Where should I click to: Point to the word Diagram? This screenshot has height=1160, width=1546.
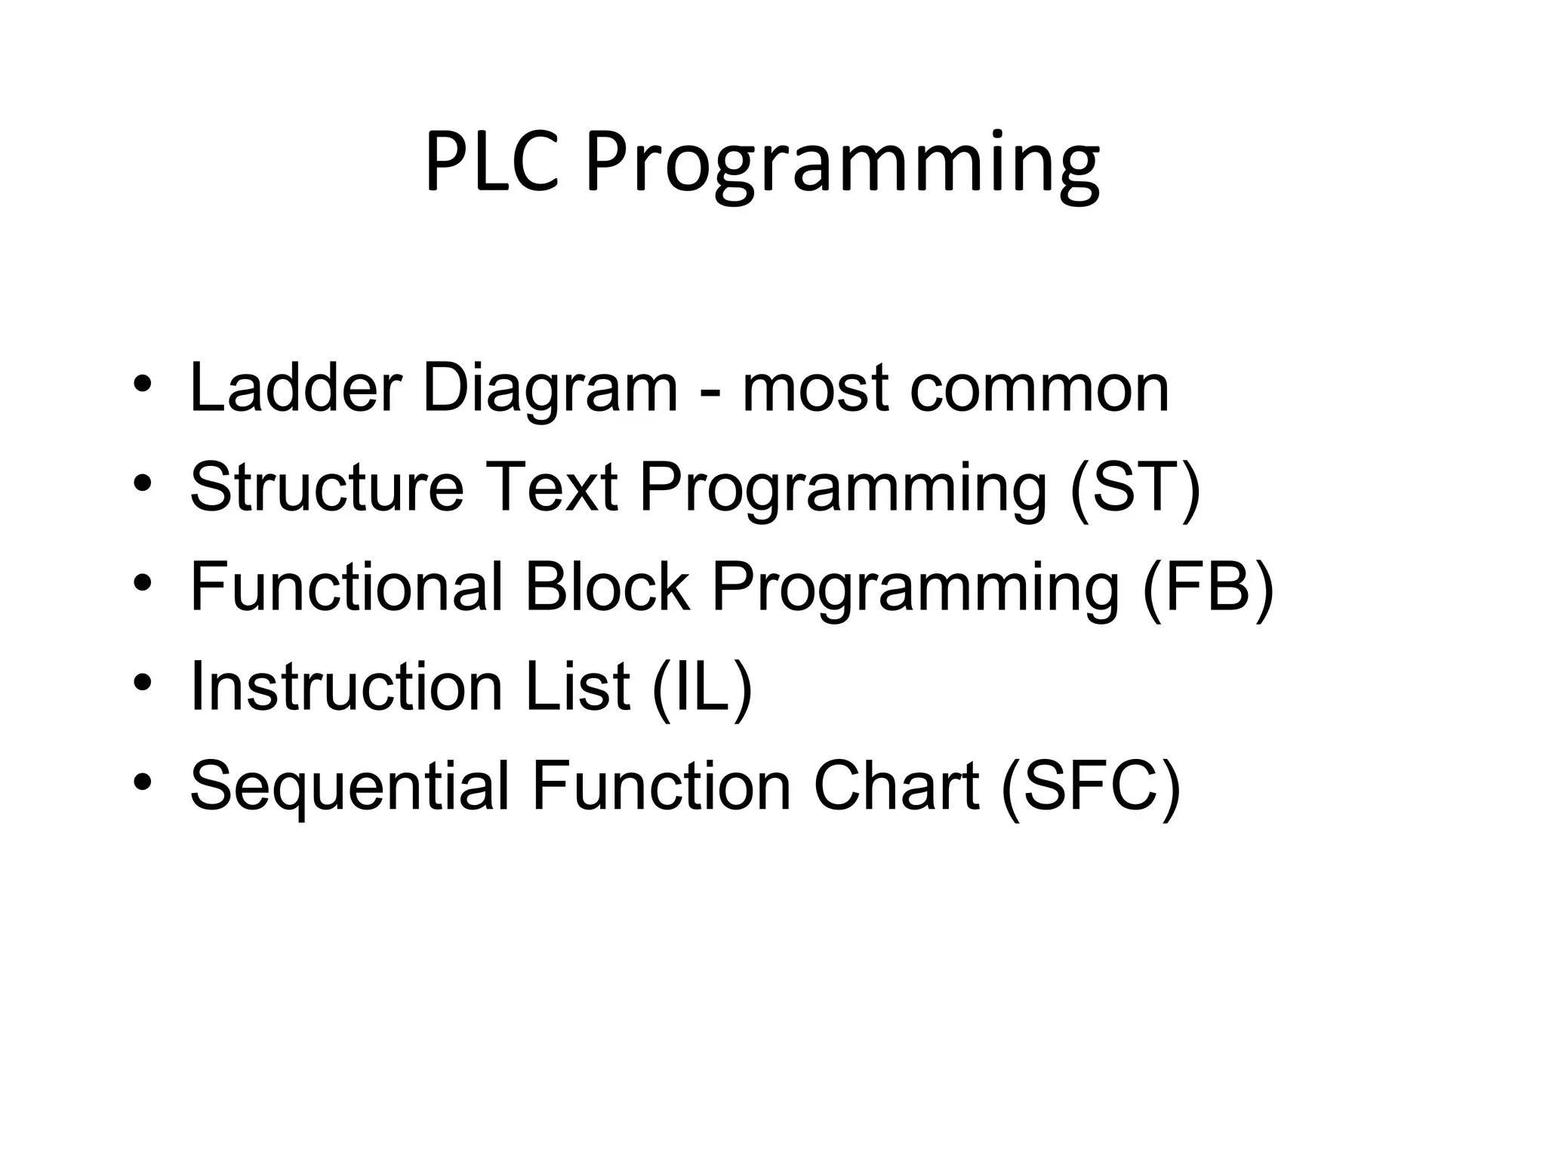[550, 391]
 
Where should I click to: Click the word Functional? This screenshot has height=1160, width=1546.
[346, 587]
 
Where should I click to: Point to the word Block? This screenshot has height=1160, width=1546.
[606, 587]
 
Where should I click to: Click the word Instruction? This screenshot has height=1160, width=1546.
[346, 686]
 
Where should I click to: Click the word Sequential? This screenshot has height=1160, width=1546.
[350, 786]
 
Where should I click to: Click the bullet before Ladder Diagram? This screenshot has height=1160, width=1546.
[143, 383]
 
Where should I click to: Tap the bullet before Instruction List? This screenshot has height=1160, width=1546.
[143, 681]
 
